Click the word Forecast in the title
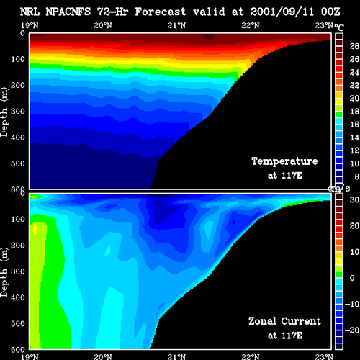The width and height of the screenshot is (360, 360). pos(160,12)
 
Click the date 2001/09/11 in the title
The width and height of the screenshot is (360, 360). pos(282,12)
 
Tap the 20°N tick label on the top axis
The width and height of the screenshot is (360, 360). pos(103,25)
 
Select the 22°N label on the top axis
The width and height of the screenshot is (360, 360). pos(251,25)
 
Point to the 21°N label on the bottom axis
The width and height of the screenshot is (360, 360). pos(176,357)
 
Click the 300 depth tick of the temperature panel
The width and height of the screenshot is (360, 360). pos(18,112)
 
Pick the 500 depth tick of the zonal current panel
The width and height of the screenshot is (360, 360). pos(18,323)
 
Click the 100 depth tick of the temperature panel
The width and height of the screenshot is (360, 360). pos(18,59)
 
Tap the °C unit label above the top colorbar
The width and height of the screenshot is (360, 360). pos(339,27)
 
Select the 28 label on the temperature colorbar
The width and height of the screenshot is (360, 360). pos(354,46)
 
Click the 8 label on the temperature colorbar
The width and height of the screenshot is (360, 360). pos(357,176)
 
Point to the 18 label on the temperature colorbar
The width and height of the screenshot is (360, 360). pos(354,112)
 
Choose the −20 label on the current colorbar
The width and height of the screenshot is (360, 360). pos(352,330)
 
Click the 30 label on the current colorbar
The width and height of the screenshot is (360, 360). pos(354,199)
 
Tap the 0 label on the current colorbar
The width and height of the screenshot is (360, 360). pos(352,278)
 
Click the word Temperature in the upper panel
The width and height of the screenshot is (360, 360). pos(284,161)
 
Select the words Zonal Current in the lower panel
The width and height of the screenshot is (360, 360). pos(284,321)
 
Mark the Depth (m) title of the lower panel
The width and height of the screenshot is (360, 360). pos(4,272)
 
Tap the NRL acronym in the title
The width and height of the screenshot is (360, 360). pos(30,12)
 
